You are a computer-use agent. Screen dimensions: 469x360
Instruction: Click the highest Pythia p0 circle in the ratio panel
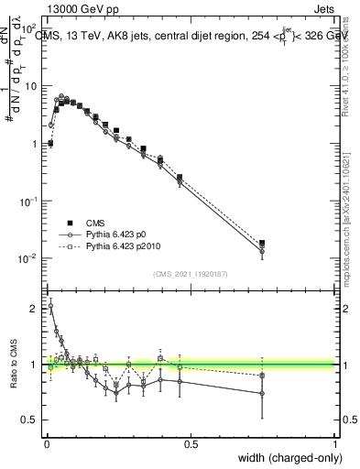(50, 306)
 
